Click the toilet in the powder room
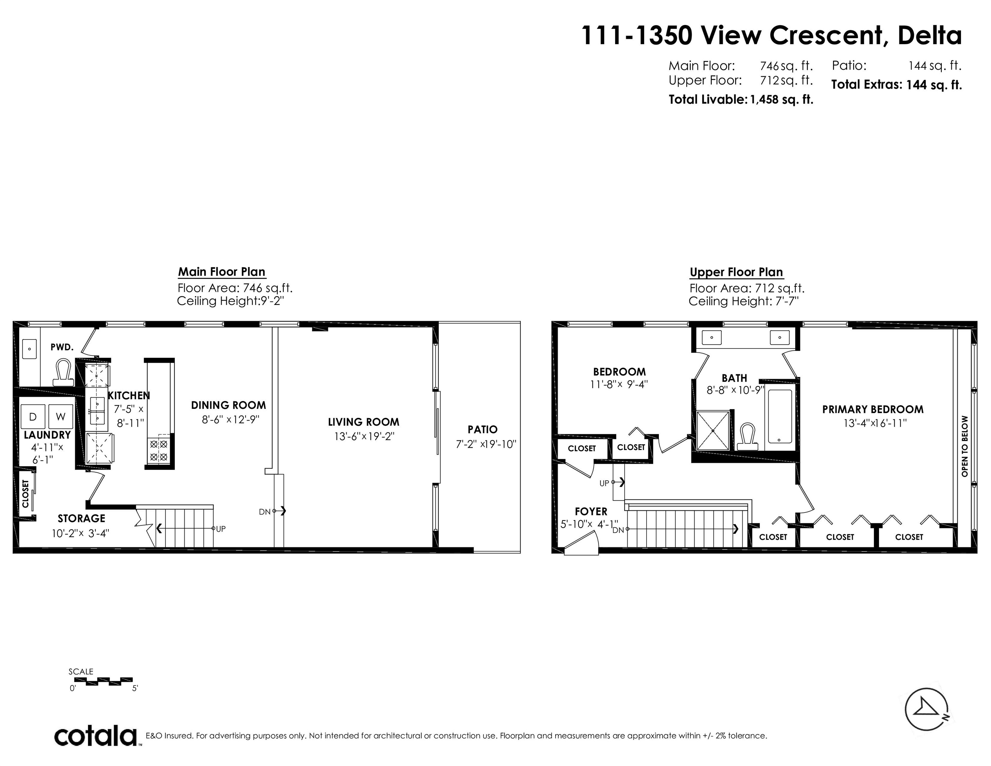point(63,372)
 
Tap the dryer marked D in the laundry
point(33,416)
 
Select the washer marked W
point(61,416)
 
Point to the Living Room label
point(363,422)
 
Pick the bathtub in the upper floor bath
point(780,417)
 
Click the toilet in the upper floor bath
point(747,436)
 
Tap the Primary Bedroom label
point(873,409)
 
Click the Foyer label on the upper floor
point(591,511)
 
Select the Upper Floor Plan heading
point(736,272)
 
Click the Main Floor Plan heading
point(221,272)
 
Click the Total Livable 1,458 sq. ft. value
point(781,99)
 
